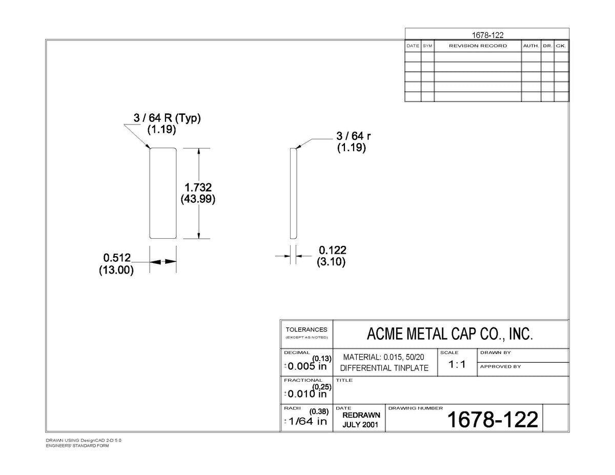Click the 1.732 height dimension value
click(198, 188)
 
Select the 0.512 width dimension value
click(117, 258)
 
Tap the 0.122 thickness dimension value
click(332, 250)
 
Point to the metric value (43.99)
click(198, 199)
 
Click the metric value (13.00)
click(116, 270)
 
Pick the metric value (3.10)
click(331, 261)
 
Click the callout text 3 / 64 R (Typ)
click(167, 118)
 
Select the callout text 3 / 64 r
click(354, 136)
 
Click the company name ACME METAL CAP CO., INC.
click(449, 334)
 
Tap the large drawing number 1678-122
click(493, 420)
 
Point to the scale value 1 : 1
click(457, 364)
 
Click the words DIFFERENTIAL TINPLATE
click(384, 368)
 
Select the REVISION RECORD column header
click(478, 46)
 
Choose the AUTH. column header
click(531, 46)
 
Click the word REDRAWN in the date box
click(361, 415)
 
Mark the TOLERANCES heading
click(306, 329)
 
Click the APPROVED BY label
click(500, 367)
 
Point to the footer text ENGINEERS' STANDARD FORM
click(77, 446)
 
